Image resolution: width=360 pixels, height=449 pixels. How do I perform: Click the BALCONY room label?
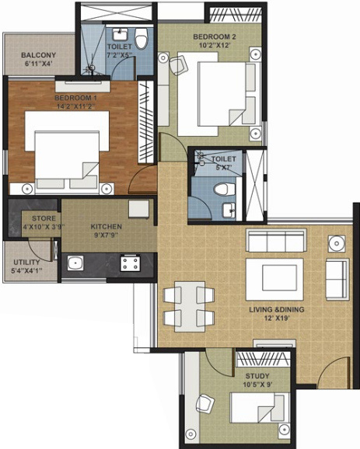(x=37, y=56)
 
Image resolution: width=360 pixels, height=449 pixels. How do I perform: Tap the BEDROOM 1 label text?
(x=75, y=97)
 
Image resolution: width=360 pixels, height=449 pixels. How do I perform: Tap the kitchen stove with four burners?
(x=128, y=265)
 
